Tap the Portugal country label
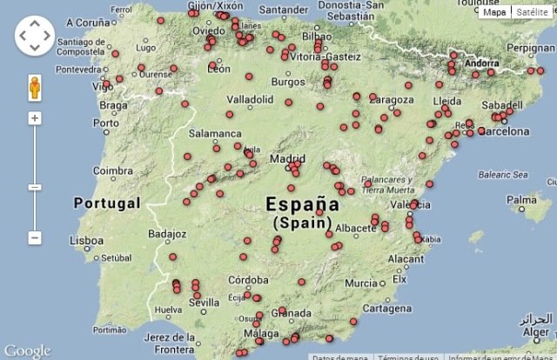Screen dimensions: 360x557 point(107,203)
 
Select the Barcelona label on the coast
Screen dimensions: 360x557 point(500,131)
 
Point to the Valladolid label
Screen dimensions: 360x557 point(250,100)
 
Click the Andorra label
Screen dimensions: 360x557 point(482,63)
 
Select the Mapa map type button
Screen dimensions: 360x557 point(494,12)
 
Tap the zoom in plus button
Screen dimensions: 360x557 point(35,117)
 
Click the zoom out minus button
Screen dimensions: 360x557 point(35,237)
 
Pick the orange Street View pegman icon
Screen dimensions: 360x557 point(35,88)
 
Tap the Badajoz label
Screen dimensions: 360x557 point(167,234)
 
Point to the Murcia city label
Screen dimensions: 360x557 point(360,283)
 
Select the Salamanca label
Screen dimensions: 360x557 point(214,133)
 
